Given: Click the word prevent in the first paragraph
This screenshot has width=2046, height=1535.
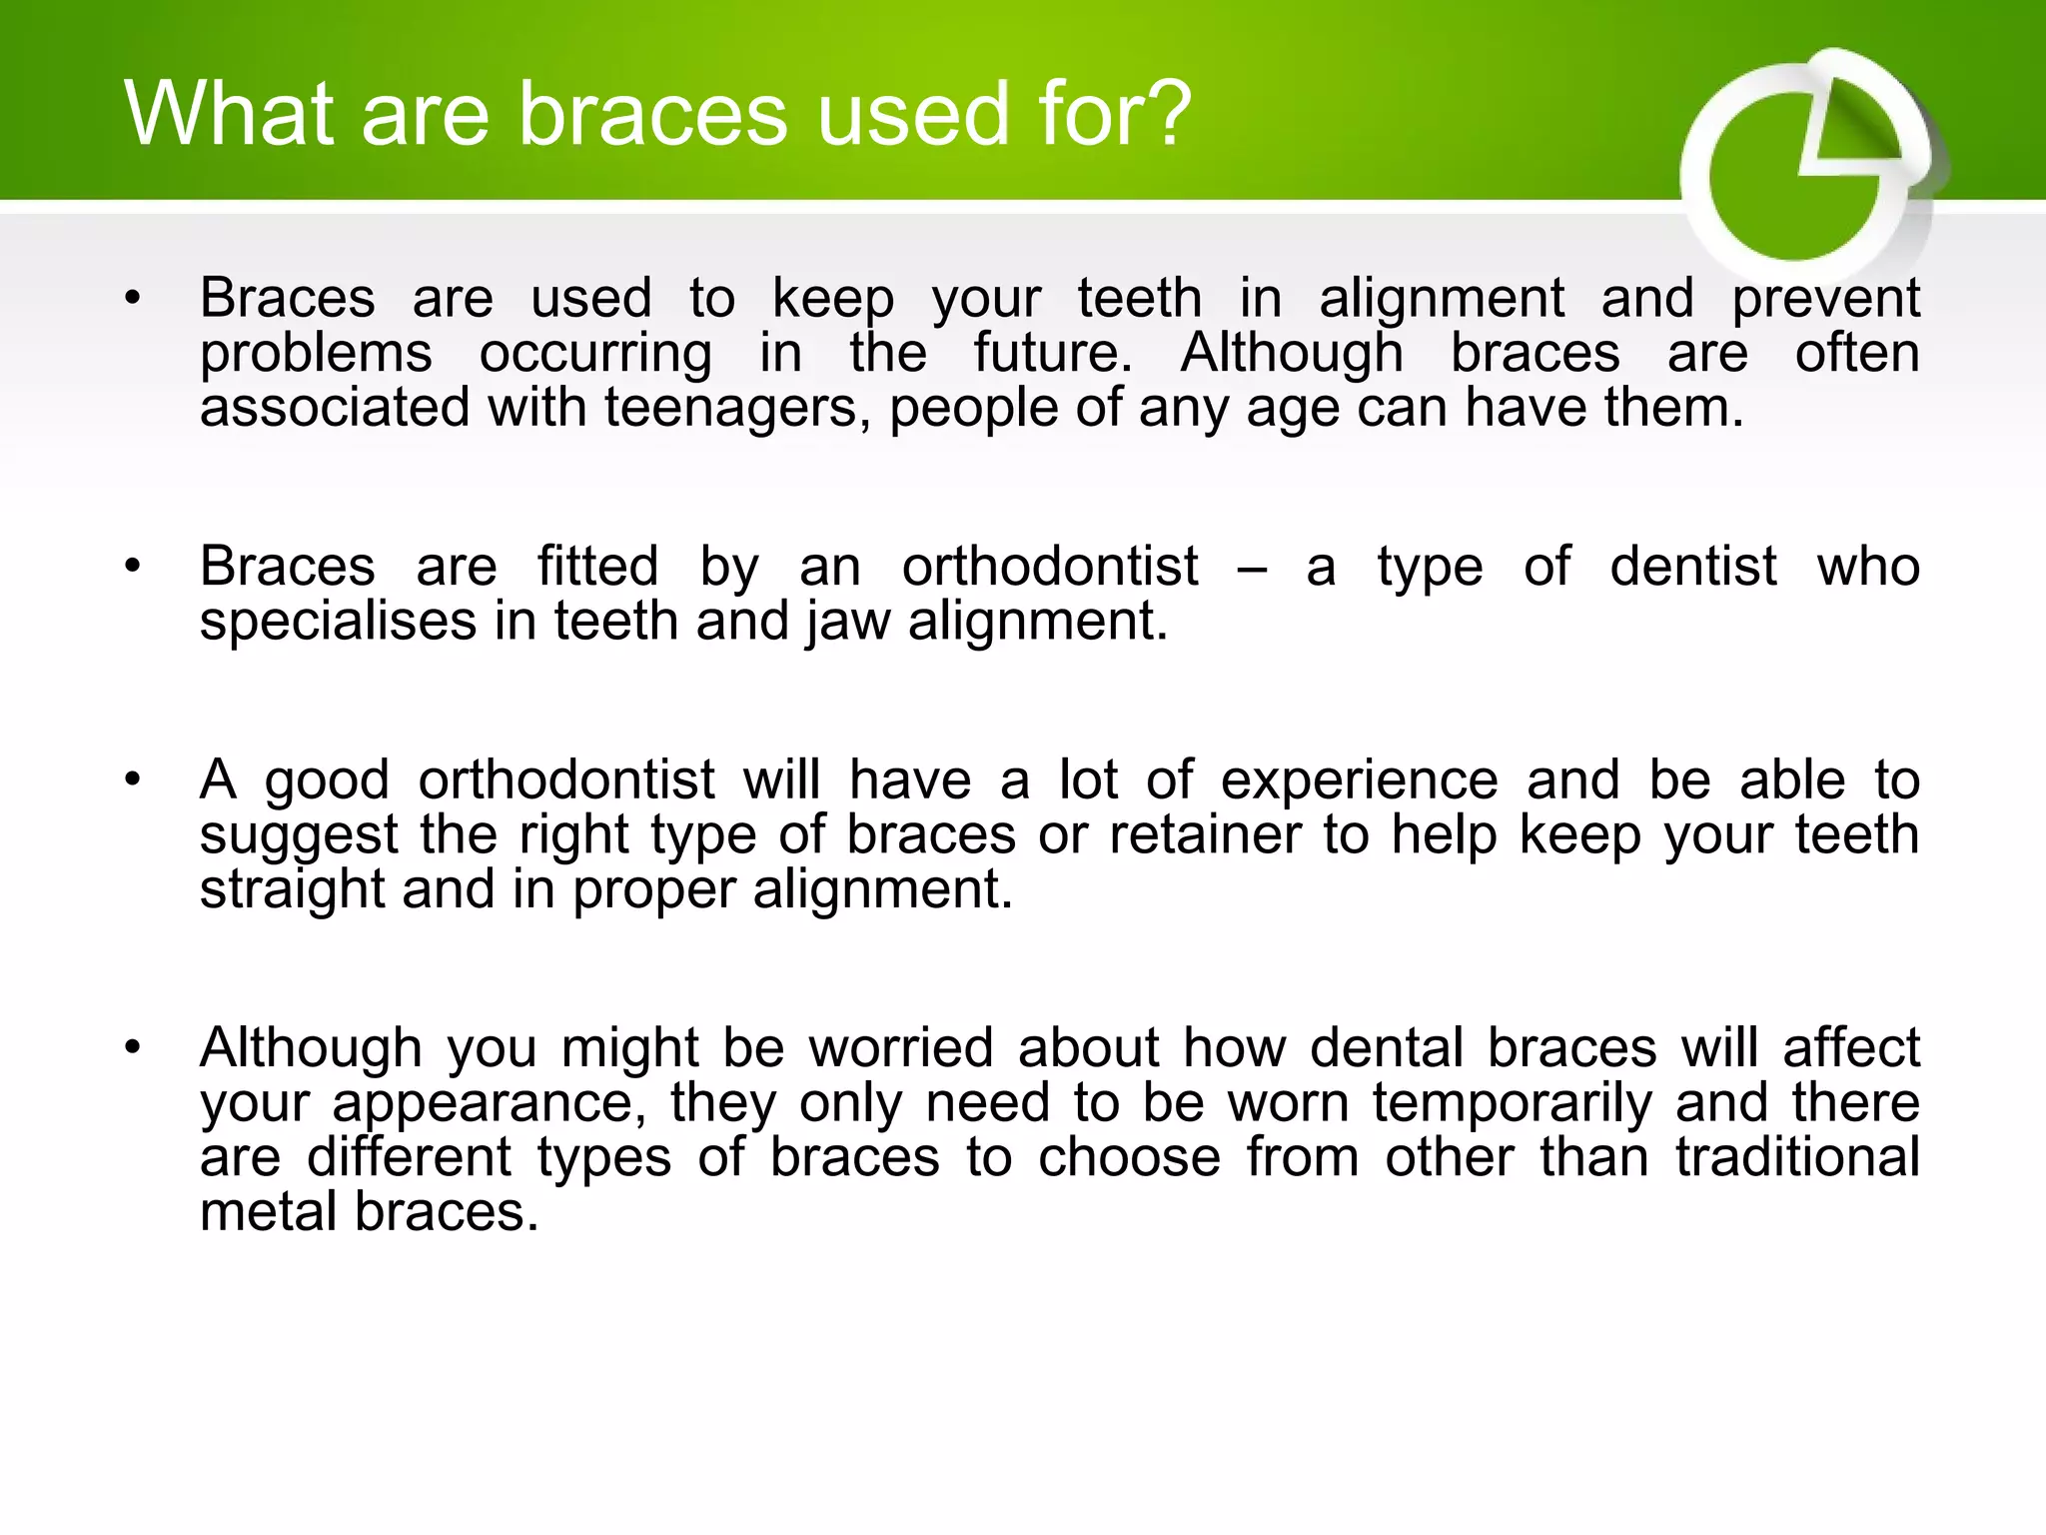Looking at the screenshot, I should (1825, 299).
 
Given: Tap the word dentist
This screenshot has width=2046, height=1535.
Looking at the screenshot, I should (1693, 567).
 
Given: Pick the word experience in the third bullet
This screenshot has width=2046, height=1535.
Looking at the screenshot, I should (1359, 781).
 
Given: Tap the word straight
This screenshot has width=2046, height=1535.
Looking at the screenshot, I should (292, 889).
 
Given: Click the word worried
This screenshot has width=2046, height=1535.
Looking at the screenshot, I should (901, 1048).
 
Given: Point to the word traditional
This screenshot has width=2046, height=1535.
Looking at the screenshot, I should (1797, 1157).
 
